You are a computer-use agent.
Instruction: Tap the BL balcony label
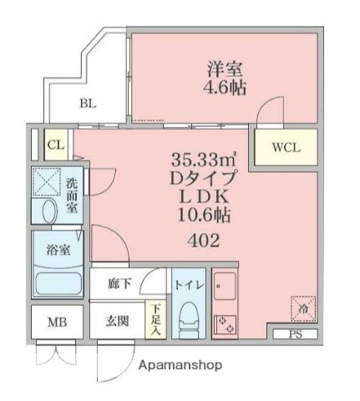[x=89, y=104]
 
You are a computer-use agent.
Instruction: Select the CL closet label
[x=56, y=145]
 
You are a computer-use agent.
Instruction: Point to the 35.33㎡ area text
[x=204, y=159]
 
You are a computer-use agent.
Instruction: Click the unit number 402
[x=204, y=242]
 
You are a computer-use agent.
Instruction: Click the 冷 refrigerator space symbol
[x=302, y=310]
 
